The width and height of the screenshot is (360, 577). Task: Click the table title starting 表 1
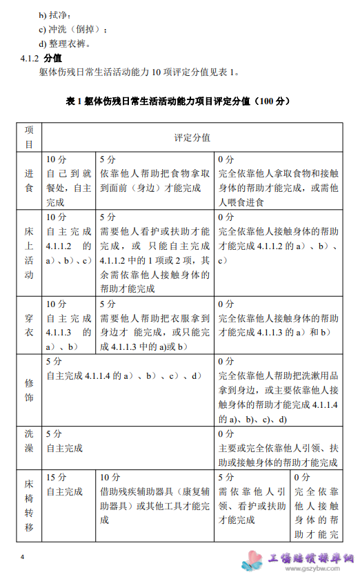click(x=179, y=101)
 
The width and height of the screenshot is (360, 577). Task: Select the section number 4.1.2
click(x=30, y=58)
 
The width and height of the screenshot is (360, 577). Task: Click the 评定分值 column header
click(x=192, y=138)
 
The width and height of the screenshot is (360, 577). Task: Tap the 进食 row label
click(x=29, y=182)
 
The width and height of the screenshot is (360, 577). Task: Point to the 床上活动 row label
click(x=29, y=254)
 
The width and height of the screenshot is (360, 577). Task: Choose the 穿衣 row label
click(x=29, y=324)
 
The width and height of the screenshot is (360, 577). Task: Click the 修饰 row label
click(x=29, y=390)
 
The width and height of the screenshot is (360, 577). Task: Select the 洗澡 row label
click(x=29, y=447)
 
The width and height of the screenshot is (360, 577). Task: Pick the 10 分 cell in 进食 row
click(x=69, y=181)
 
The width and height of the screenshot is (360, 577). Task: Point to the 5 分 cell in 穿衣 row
click(x=155, y=324)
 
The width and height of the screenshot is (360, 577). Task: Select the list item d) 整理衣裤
click(x=65, y=43)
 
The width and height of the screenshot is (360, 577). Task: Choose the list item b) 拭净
click(x=54, y=14)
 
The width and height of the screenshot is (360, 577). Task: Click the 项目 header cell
click(x=29, y=137)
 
